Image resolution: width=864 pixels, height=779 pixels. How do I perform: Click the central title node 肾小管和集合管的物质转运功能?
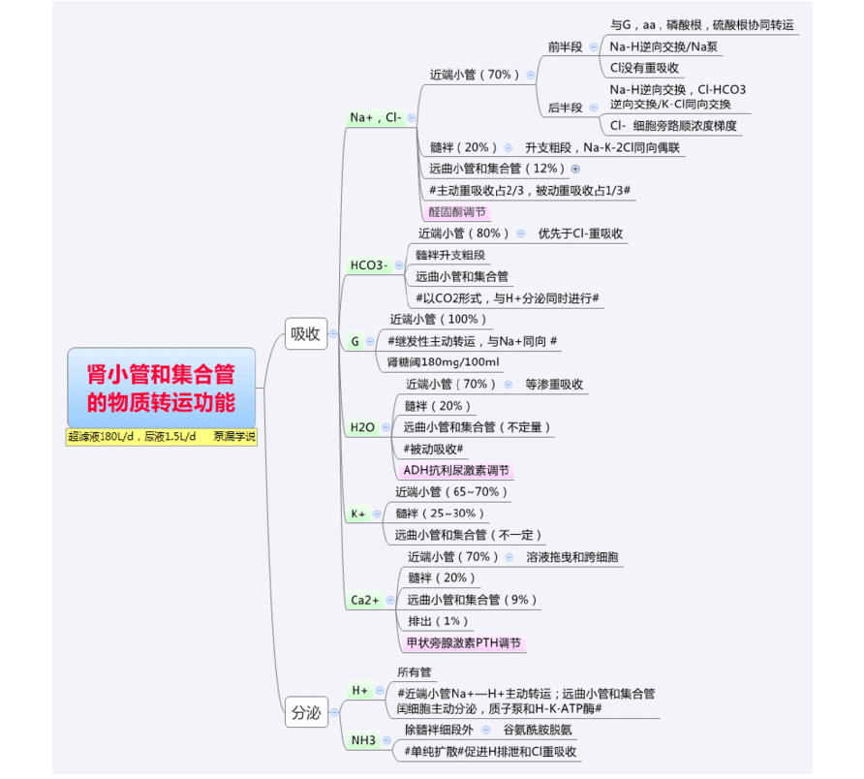(162, 386)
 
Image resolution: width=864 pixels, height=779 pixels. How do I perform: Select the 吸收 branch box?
(305, 334)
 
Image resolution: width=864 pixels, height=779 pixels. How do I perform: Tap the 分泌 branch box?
(305, 713)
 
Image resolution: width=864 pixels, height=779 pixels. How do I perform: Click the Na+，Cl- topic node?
(375, 117)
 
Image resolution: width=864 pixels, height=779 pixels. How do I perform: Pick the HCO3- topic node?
(369, 265)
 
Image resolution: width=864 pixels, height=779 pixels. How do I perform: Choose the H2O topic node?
(362, 427)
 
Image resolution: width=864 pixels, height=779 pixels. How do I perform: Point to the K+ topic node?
(357, 514)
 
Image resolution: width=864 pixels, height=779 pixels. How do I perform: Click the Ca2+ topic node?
(364, 601)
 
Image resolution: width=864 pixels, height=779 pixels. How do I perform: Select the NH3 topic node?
(363, 740)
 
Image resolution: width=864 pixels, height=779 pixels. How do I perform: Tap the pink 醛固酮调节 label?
(458, 211)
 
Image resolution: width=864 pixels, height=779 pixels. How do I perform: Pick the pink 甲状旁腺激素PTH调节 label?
(463, 643)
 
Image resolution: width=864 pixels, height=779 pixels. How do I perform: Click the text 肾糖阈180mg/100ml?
(443, 362)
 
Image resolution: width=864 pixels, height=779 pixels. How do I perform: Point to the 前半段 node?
(565, 47)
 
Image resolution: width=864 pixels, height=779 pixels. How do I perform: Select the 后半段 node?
(565, 108)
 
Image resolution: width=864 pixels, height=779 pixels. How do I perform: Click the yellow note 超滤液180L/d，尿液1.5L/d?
(132, 437)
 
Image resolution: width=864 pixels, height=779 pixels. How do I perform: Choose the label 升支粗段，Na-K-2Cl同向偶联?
(602, 147)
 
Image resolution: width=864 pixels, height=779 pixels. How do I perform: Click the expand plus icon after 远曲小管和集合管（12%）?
(575, 169)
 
